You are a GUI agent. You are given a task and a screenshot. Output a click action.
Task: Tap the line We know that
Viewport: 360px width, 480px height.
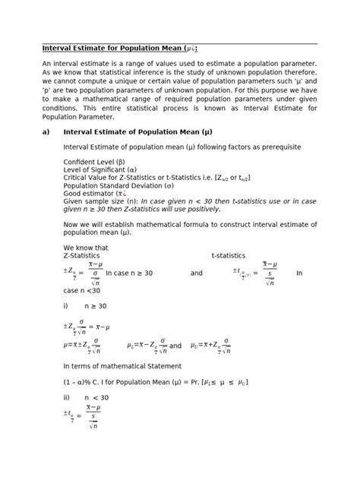86,248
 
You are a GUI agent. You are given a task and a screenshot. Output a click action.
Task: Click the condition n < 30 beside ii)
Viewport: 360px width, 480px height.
96,396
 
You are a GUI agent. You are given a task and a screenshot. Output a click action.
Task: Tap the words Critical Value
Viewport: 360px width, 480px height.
87,177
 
